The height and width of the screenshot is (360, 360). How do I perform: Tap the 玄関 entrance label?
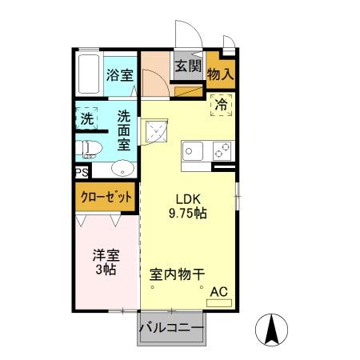tap(187, 66)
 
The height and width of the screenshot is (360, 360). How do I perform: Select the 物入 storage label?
tap(220, 74)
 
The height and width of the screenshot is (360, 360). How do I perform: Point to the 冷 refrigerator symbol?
tap(220, 104)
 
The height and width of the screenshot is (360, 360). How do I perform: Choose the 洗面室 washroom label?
tap(125, 129)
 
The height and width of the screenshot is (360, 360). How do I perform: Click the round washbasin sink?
tap(122, 168)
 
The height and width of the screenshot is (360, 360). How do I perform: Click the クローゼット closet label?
tap(106, 197)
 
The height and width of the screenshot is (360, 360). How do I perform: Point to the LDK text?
tap(189, 200)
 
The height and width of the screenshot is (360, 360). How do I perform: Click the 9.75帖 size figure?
tap(189, 214)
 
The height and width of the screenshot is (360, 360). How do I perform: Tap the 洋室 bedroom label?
tap(106, 256)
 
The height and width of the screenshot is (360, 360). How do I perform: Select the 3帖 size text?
tap(106, 270)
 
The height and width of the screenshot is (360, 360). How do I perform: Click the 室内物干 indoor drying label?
tap(181, 273)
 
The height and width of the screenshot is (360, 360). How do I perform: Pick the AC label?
tap(218, 294)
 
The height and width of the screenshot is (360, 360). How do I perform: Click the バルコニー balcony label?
tap(171, 327)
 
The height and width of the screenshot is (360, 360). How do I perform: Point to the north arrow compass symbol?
tap(270, 329)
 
